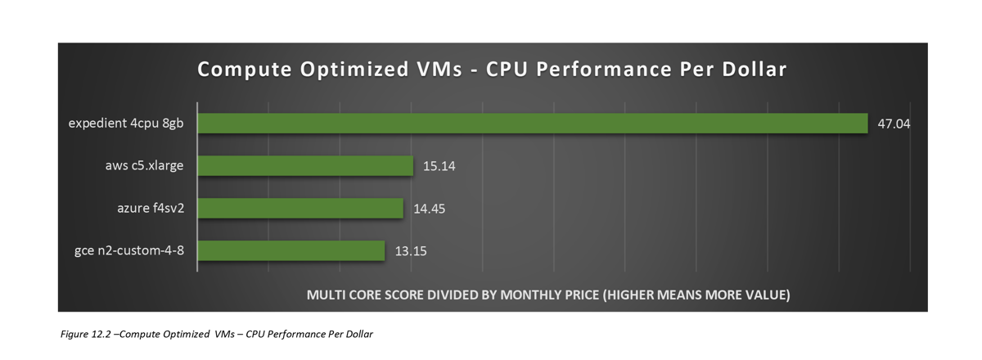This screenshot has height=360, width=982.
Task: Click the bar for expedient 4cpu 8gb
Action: tap(532, 124)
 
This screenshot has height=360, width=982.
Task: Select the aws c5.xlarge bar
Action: tap(305, 166)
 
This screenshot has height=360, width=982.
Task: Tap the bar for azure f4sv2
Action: tap(300, 209)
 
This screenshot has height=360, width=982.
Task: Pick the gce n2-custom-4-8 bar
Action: tap(291, 250)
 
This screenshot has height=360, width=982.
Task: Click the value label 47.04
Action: tap(894, 124)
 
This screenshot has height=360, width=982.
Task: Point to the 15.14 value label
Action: tap(439, 167)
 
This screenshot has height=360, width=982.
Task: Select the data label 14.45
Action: tap(430, 209)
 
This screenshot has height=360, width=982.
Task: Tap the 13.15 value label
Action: tap(411, 251)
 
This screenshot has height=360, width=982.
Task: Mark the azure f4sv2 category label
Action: tap(151, 208)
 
